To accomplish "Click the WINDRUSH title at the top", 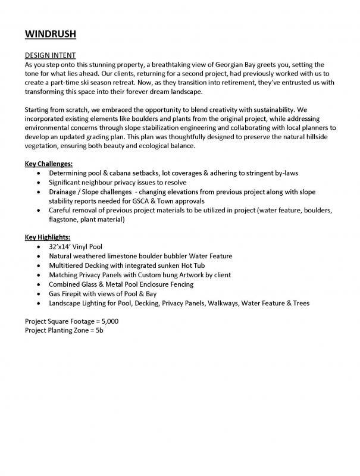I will [50, 34].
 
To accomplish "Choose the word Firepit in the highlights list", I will [75, 293].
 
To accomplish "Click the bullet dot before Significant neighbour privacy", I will [39, 182].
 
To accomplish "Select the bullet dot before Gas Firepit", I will [39, 294].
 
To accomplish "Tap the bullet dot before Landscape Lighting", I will [39, 303].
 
